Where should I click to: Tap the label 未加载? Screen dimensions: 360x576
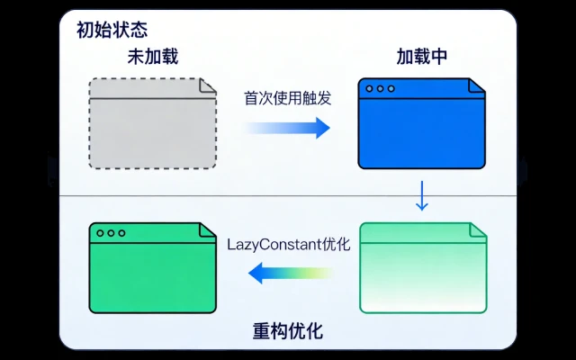[152, 57]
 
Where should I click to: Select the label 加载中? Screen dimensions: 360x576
[422, 57]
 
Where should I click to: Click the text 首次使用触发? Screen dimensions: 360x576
[288, 98]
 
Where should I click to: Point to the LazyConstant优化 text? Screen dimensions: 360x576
[288, 244]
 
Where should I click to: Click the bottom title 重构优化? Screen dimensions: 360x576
[288, 331]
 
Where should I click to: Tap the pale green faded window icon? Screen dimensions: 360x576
[423, 268]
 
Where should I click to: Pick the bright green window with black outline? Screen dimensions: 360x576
[152, 268]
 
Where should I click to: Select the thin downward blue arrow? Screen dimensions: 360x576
[421, 195]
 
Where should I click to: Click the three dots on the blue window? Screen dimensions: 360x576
[379, 89]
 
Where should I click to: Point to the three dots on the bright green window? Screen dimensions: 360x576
[110, 233]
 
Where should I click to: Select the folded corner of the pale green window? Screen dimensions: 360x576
[478, 230]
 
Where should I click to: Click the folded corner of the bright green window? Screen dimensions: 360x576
[208, 230]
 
